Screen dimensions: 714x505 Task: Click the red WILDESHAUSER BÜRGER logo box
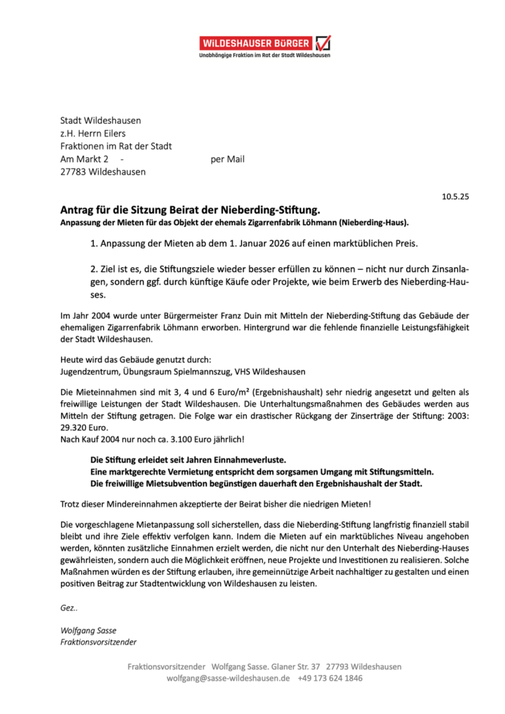pos(256,43)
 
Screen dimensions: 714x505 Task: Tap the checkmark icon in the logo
pos(323,43)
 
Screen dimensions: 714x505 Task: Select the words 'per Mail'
pos(228,159)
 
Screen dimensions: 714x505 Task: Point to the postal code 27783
pos(74,172)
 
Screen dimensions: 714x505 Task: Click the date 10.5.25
pos(455,196)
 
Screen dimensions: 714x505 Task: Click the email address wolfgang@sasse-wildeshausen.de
pos(228,678)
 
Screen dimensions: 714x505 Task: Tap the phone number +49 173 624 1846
pos(330,678)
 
